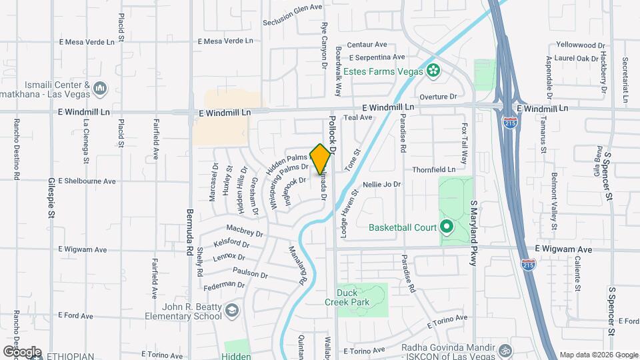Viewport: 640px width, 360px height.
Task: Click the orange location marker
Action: (x=321, y=159)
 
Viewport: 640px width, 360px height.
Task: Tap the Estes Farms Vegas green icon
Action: (x=433, y=69)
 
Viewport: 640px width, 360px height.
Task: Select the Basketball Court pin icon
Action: (x=446, y=227)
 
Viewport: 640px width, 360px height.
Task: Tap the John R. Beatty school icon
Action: (x=231, y=311)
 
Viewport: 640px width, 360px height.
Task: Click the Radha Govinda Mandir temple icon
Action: (x=505, y=349)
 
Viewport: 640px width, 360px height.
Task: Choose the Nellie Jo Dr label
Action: (x=381, y=184)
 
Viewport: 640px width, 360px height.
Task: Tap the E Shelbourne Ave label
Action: (x=87, y=181)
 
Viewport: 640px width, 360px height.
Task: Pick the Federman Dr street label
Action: (x=223, y=285)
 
